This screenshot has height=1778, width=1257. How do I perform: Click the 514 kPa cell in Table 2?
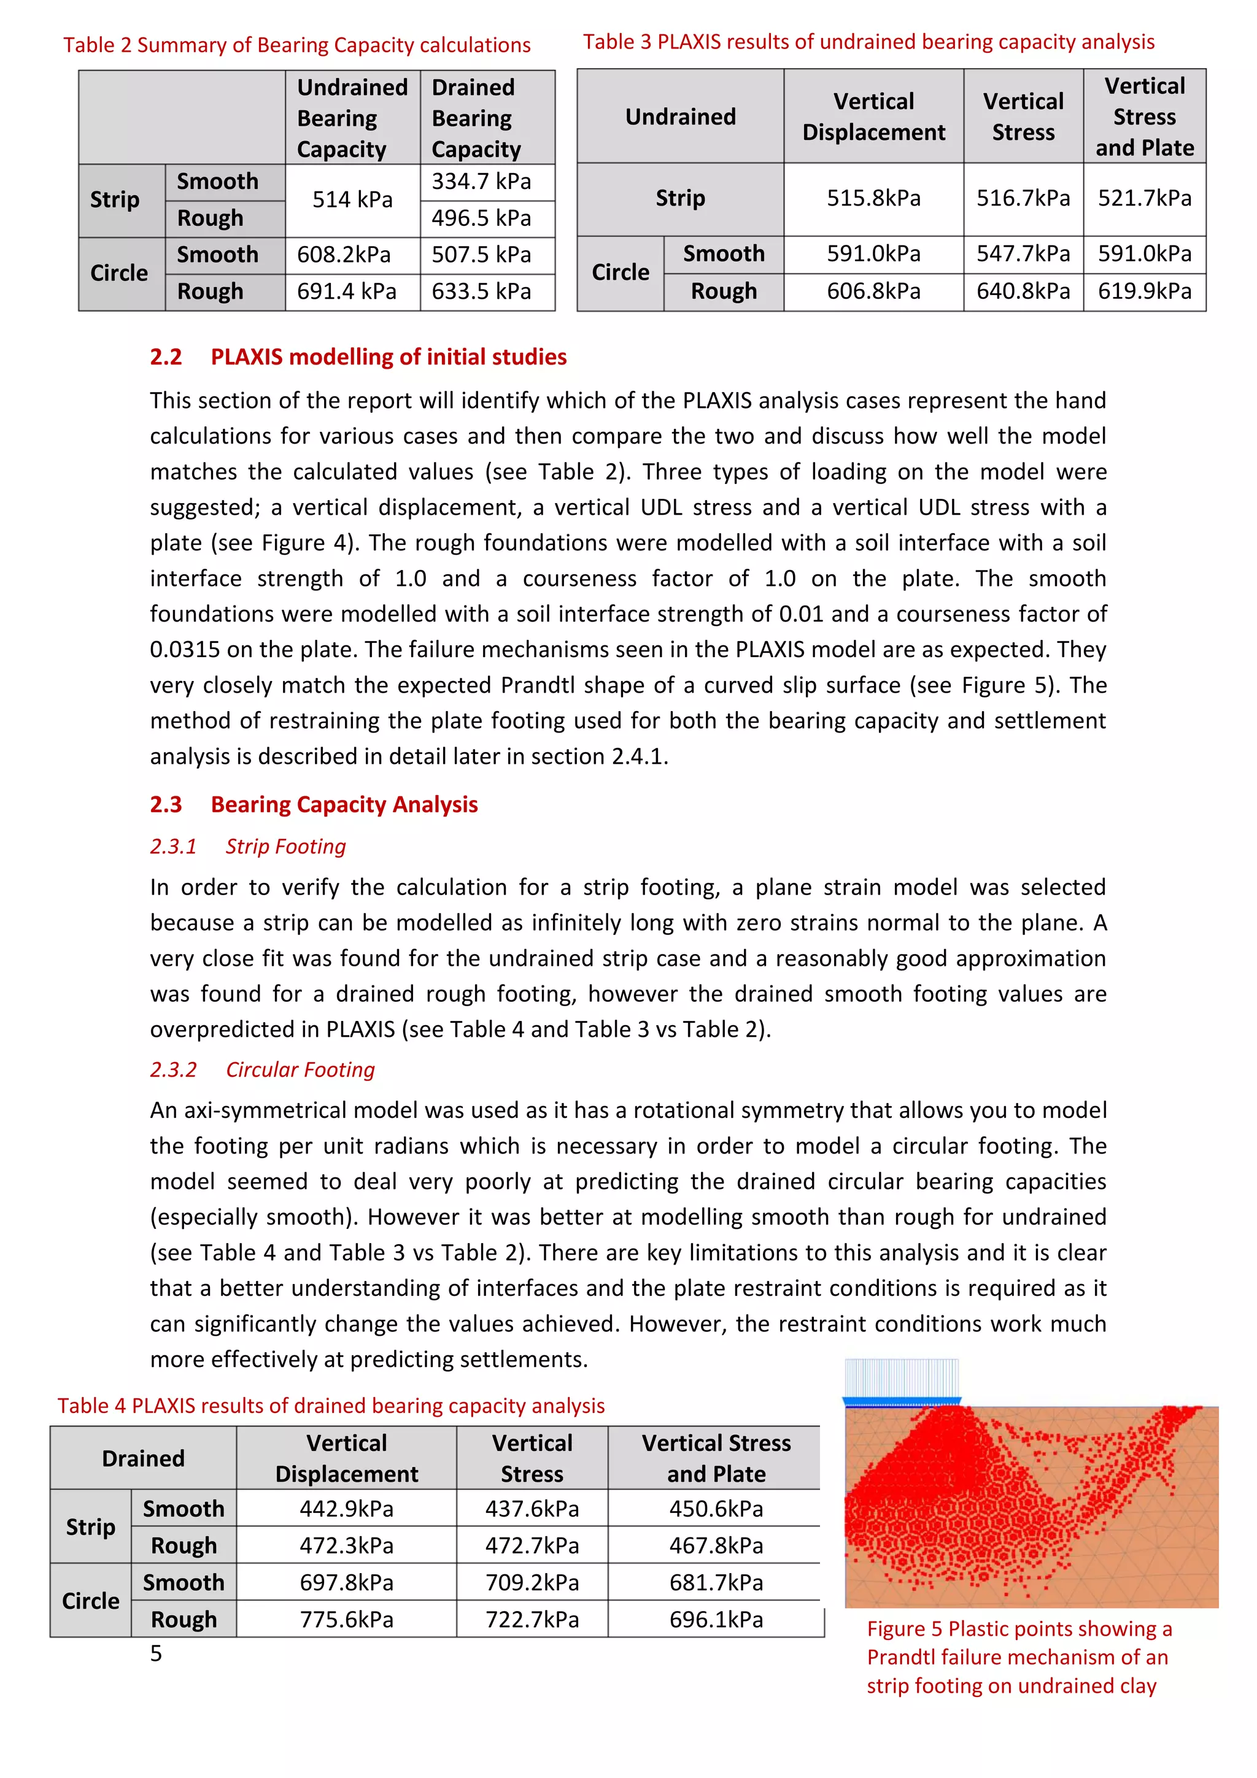point(352,200)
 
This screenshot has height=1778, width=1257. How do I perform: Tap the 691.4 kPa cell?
point(346,292)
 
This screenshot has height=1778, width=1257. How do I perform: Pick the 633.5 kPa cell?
point(481,292)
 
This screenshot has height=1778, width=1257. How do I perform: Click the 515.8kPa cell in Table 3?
point(873,198)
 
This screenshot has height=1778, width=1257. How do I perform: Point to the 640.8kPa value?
point(1023,291)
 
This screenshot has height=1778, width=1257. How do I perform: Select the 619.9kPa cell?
point(1144,291)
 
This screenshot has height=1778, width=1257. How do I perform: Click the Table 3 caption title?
point(868,42)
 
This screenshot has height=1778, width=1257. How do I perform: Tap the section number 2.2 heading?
point(166,357)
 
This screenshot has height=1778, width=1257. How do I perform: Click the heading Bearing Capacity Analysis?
point(344,804)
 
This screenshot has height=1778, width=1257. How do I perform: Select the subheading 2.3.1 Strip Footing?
point(248,847)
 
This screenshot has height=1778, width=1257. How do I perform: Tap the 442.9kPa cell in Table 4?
point(346,1509)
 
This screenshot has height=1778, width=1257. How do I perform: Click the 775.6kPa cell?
point(346,1619)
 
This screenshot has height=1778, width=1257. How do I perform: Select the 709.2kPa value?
point(532,1582)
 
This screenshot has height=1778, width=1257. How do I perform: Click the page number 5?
point(156,1653)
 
